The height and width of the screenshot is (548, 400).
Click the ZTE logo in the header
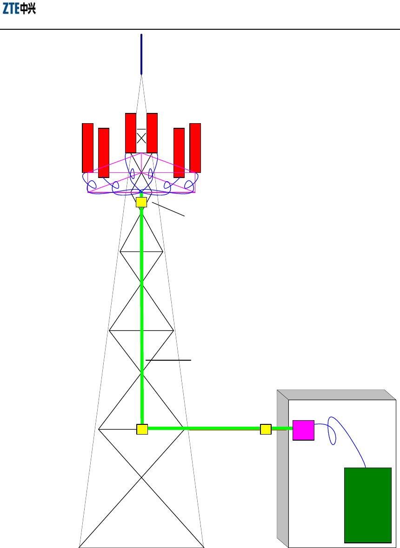[20, 9]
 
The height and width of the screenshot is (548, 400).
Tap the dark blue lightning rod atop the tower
[141, 54]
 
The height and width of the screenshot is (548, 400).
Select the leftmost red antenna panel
[87, 148]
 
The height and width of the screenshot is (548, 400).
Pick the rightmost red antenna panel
[195, 148]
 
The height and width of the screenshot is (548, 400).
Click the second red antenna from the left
[104, 153]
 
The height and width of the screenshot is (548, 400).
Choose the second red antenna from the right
[179, 153]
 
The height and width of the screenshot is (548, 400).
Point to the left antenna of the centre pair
[131, 133]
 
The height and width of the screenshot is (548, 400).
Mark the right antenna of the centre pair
[152, 133]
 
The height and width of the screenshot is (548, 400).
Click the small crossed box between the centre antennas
[141, 138]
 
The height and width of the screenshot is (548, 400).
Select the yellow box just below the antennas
[141, 202]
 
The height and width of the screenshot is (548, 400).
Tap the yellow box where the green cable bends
[142, 429]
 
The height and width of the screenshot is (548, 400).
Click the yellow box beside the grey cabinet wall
[266, 429]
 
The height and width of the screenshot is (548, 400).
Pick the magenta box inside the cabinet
[303, 430]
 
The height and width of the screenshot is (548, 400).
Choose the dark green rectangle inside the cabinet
[367, 505]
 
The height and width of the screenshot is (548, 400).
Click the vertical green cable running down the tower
[142, 302]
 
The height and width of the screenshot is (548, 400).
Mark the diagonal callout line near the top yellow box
[168, 209]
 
